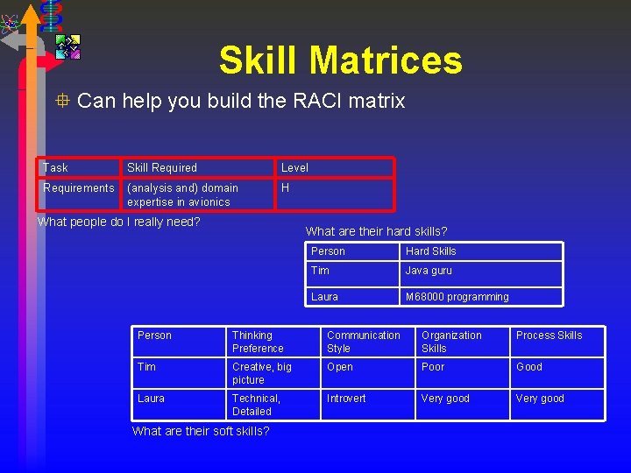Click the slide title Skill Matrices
pos(340,60)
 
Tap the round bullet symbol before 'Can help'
pos(61,101)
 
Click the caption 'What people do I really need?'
pos(118,222)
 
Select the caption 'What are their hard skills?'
pos(376,231)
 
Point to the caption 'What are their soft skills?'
pos(201,431)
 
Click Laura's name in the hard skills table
pos(324,297)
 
